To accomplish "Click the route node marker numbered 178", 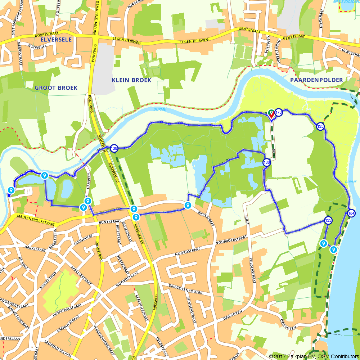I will tap(279, 113).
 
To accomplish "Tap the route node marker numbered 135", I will tap(320, 126).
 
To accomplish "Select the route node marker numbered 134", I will tap(351, 213).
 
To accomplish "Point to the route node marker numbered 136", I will tap(266, 162).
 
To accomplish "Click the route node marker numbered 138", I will tap(114, 148).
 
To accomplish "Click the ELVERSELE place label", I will tap(56, 39).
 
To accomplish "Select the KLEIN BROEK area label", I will tap(131, 80).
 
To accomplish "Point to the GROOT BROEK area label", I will tap(56, 88).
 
